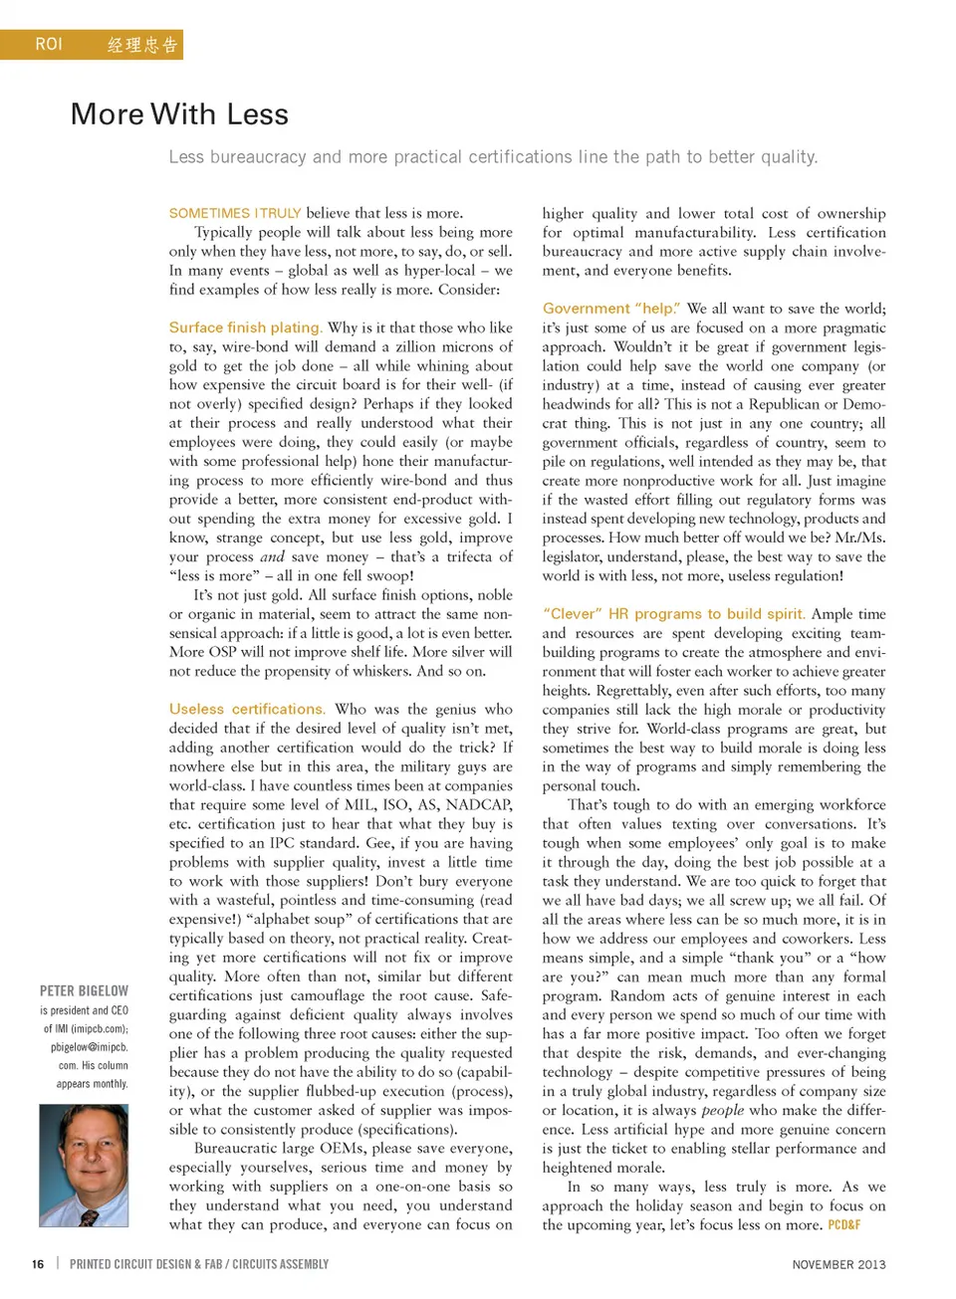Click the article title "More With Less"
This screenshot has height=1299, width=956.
pos(179,114)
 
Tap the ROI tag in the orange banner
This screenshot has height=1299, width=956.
pos(49,45)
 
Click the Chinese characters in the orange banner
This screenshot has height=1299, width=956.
pos(142,45)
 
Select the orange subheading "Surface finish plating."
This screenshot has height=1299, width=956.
pos(245,327)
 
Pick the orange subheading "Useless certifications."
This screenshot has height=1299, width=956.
pos(247,709)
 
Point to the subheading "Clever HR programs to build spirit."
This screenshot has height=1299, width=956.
pos(674,614)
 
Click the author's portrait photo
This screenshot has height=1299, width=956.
pos(84,1165)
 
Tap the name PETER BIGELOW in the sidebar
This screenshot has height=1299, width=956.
pos(84,991)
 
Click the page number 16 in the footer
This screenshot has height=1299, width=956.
pos(38,1264)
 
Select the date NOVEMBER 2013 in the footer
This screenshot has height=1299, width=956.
pos(838,1264)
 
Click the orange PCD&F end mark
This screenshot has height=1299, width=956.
pos(844,1225)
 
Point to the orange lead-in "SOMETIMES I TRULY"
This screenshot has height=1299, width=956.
pos(235,213)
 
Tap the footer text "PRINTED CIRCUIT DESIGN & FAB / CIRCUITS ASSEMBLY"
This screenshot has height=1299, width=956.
pos(199,1264)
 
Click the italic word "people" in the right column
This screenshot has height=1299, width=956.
pos(723,1110)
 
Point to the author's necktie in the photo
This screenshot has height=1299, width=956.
pos(90,1216)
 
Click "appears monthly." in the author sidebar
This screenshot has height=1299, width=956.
pos(93,1084)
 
